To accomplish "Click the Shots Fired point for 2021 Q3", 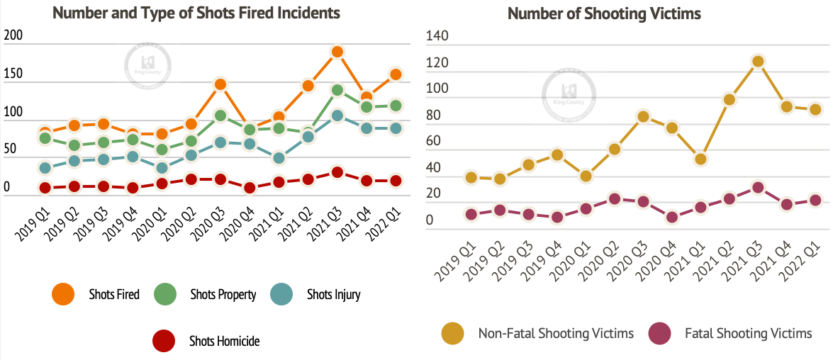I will click(x=337, y=52).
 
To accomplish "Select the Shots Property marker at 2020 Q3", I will click(x=220, y=116).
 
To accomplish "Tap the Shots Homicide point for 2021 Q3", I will click(x=337, y=172).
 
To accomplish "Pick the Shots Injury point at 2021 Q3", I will click(x=337, y=116).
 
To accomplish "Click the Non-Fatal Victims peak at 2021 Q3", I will click(x=758, y=62).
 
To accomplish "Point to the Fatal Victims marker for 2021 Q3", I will click(x=758, y=188).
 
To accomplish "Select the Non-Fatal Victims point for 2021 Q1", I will click(x=700, y=159).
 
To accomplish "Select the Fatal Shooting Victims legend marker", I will click(x=660, y=332).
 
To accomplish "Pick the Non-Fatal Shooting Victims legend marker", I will click(x=453, y=332).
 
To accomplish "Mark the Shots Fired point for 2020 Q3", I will click(x=220, y=84).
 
